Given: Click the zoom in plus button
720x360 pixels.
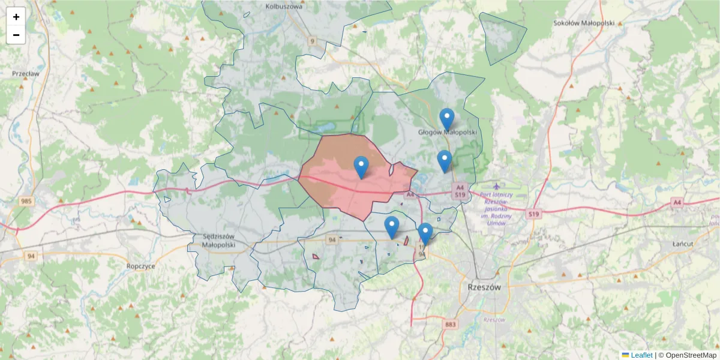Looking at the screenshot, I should (16, 17).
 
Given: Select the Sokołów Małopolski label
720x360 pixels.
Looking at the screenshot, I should (584, 23).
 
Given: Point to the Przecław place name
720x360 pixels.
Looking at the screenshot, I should (25, 73).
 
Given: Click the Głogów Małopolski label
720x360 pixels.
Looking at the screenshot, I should (447, 131).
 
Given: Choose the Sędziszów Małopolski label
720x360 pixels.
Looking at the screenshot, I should (210, 241).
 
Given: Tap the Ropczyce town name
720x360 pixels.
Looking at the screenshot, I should (141, 265).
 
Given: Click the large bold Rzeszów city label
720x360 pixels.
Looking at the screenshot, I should (484, 287).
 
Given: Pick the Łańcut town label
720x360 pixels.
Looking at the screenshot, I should (683, 244).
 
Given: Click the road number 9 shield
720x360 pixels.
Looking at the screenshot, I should (312, 41).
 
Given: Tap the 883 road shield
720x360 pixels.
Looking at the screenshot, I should (451, 325).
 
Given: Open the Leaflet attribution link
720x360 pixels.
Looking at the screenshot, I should (641, 355).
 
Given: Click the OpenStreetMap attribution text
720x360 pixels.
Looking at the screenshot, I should (691, 355).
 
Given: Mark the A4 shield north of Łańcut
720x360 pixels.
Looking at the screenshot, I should (677, 202).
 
